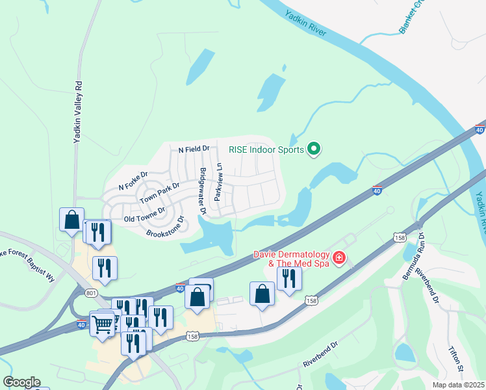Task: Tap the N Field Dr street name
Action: coord(194,149)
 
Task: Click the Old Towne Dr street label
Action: coord(144,214)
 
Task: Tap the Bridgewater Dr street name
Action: coord(202,190)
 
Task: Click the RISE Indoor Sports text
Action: coord(266,149)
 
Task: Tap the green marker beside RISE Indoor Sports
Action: coord(314,149)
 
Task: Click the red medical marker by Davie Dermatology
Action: coord(339,259)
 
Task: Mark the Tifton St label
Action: coord(455,359)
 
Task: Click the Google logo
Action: coord(21,382)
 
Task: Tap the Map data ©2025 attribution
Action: coord(459,385)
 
